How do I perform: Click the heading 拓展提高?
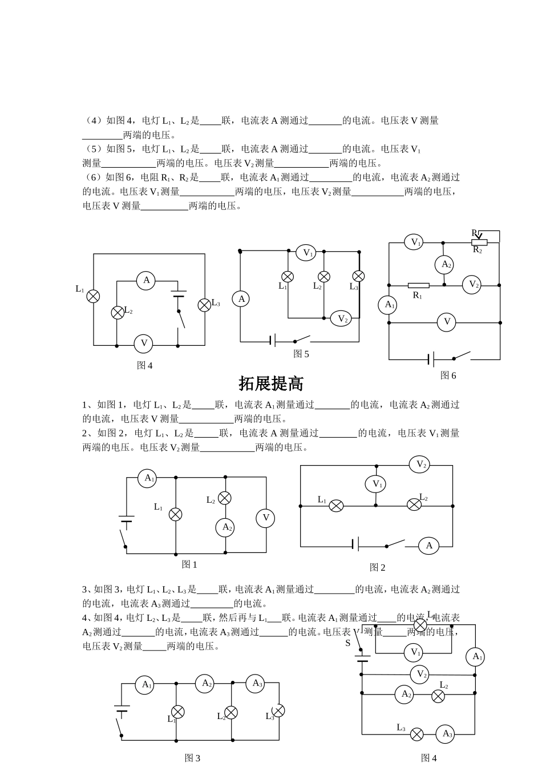pos(271,383)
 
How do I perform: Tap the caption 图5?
pos(301,354)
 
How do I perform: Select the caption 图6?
pos(448,376)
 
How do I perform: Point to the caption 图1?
pos(189,564)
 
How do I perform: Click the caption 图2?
pos(377,567)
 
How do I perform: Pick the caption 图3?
pos(192,758)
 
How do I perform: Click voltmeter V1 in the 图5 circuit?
pos(307,252)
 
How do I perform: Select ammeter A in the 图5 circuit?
pos(241,299)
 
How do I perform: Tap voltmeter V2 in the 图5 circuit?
pos(341,319)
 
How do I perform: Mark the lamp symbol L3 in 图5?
pos(358,276)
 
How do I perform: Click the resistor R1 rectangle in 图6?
pos(418,285)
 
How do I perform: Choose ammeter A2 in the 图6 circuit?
pos(445,264)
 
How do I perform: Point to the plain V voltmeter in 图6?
pos(447,322)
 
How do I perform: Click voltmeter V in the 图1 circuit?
pos(265,518)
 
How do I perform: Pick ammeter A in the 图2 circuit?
pos(429,546)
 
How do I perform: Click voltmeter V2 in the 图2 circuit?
pos(420,465)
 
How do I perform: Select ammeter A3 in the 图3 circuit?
pos(256,683)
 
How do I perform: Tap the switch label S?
pos(348,643)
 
